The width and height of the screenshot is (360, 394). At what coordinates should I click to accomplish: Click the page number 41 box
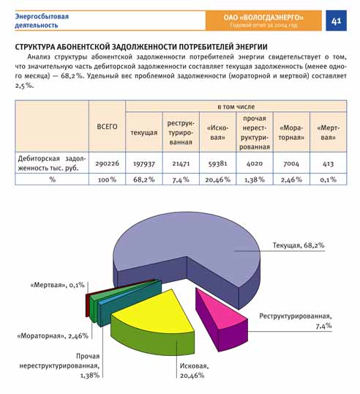pos(336,21)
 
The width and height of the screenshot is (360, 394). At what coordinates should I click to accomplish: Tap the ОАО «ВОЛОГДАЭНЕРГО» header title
pos(263,18)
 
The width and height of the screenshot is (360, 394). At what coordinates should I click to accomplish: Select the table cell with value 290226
pos(108,163)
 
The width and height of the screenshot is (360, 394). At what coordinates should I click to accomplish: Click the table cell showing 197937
pos(144,163)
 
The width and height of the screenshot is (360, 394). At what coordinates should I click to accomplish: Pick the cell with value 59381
pos(217,163)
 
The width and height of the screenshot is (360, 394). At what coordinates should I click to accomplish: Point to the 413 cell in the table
pos(328,163)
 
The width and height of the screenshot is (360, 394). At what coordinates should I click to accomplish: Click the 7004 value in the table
pos(291,163)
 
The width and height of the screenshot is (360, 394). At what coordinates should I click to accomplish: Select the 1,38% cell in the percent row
pos(255,179)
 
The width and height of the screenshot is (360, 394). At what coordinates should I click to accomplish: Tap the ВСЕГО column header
pos(108,127)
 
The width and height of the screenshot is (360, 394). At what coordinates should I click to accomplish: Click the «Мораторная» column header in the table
pos(291,133)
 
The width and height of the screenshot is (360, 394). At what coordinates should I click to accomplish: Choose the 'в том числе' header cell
pos(236,106)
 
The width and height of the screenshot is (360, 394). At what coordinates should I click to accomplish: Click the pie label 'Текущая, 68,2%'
pos(299,245)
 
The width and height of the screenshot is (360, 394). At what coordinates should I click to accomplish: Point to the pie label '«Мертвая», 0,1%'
pos(57,285)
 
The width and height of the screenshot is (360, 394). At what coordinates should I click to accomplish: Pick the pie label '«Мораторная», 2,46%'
pos(53,335)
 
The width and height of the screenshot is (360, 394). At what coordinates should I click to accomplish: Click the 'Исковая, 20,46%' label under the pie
pos(194,371)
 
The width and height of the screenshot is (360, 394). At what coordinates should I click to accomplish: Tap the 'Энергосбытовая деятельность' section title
pos(42,21)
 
